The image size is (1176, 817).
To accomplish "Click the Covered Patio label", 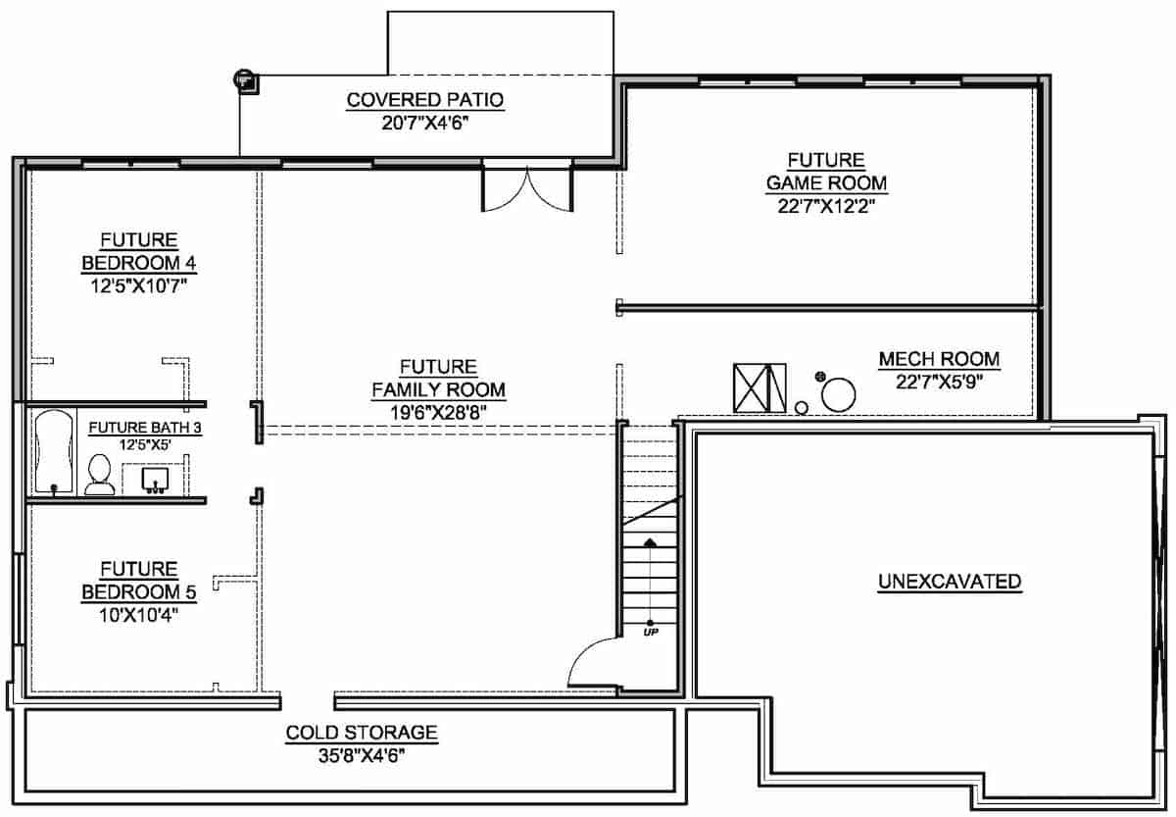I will (424, 99).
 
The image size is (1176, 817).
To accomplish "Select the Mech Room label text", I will (939, 360).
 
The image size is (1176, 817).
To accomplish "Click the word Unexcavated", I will (949, 582).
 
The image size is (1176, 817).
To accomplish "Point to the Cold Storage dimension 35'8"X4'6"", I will (361, 754).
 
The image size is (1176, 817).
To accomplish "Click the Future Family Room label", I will (438, 379).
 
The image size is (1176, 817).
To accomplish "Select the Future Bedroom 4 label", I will (138, 252).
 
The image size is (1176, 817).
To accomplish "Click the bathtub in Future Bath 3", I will (53, 451).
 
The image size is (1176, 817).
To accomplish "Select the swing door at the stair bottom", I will (592, 665).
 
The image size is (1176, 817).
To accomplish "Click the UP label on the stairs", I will (650, 632).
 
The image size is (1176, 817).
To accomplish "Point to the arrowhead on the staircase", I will (650, 541).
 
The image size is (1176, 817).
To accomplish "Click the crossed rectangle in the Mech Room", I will (759, 388).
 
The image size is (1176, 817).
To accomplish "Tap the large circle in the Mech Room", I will (838, 396).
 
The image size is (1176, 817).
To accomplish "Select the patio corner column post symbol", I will (244, 80).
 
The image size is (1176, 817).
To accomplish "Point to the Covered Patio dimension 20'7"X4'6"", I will (424, 123).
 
